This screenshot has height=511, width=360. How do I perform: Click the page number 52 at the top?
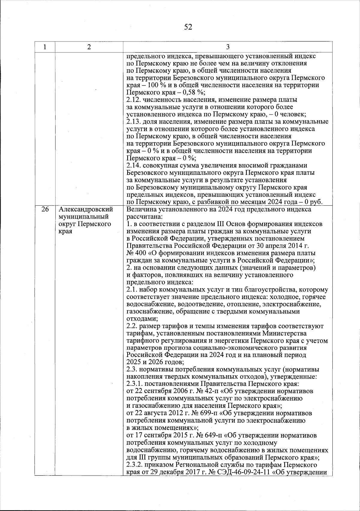[188, 27]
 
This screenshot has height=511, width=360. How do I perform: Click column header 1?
[45, 47]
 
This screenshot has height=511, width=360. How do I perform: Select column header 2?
[89, 47]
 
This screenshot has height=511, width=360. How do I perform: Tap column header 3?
[228, 47]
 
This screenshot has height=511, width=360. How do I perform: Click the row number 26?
[45, 209]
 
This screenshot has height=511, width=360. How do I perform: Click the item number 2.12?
[133, 100]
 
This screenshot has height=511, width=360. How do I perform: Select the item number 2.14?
[133, 166]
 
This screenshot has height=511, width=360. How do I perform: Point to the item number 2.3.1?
[135, 384]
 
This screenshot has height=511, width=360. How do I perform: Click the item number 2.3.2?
[135, 465]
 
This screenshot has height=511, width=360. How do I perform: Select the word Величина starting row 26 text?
[139, 209]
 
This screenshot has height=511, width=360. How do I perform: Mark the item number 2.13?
[133, 122]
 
